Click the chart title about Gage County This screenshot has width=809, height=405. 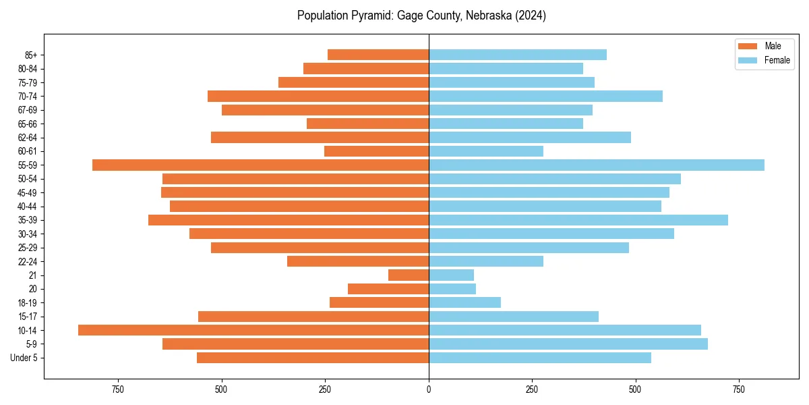[x=421, y=16]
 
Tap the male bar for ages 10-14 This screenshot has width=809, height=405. [x=253, y=330]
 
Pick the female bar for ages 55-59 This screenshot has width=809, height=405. [x=596, y=165]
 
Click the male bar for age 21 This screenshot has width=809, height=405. [x=409, y=275]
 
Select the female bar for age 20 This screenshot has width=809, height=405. [x=452, y=289]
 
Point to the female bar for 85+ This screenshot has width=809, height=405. [x=518, y=55]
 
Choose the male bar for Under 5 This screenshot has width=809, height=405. [x=313, y=358]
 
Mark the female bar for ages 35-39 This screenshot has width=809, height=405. [x=578, y=220]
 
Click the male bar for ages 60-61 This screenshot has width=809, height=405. [x=376, y=151]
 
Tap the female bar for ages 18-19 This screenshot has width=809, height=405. [x=465, y=302]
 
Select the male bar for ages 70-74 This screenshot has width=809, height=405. [x=318, y=96]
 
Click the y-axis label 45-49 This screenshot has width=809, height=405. [x=28, y=192]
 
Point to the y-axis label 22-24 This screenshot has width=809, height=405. [x=28, y=261]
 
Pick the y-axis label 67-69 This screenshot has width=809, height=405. [x=28, y=110]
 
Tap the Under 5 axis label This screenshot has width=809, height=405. [x=24, y=358]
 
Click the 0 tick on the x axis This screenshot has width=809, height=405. [x=429, y=389]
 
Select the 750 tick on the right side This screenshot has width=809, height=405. [x=739, y=389]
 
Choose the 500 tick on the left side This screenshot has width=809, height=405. [x=222, y=389]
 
